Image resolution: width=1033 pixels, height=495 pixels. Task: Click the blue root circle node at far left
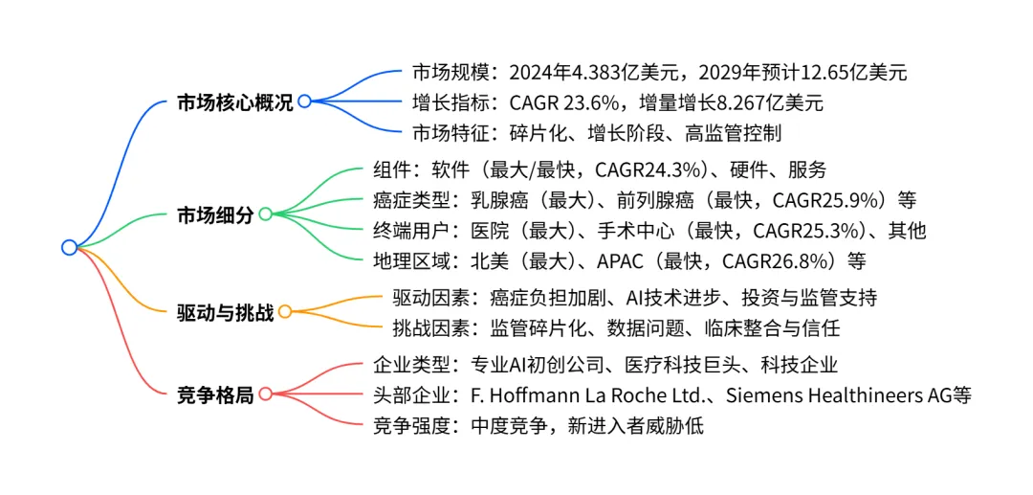(x=69, y=247)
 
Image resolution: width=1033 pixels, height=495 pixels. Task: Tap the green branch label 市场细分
(x=216, y=215)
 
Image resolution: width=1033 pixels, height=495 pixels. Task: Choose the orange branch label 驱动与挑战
(x=226, y=312)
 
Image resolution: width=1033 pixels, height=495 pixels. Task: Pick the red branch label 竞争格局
(x=216, y=394)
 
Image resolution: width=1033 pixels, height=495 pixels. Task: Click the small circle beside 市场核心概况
(x=304, y=101)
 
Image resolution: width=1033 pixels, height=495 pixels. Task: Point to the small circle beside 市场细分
(x=266, y=214)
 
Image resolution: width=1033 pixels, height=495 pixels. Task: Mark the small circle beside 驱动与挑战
(x=285, y=311)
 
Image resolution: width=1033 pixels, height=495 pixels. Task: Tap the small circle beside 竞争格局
(x=266, y=394)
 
